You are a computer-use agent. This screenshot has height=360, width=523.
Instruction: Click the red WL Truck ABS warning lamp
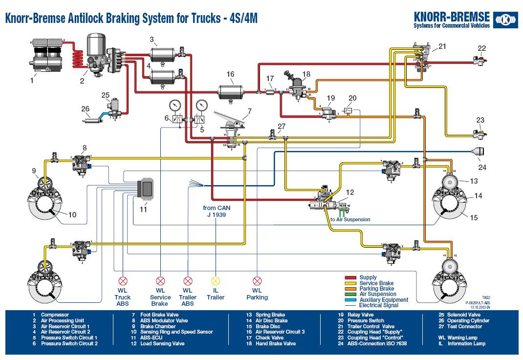click(123, 281)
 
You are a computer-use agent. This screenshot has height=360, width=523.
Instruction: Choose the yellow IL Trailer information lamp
click(216, 281)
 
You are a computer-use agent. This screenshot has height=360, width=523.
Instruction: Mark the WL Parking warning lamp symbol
click(257, 281)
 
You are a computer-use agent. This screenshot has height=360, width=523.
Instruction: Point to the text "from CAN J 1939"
click(217, 211)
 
